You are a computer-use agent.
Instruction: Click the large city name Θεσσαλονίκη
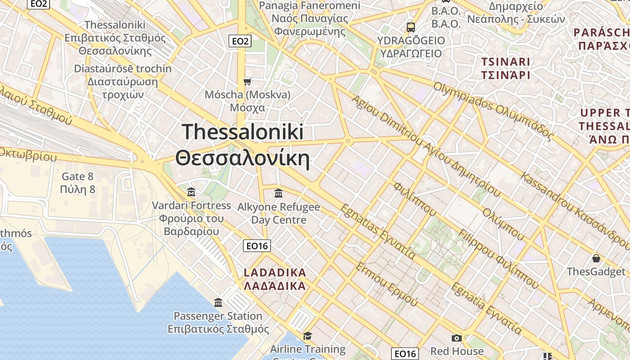click(243, 160)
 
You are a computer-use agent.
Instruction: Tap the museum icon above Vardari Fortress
click(191, 192)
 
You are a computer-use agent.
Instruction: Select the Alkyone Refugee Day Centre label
click(279, 213)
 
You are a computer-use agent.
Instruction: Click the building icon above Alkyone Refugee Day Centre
click(279, 193)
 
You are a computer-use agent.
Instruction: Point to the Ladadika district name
click(274, 279)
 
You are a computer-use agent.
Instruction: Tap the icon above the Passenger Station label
click(218, 302)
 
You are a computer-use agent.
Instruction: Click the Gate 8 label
click(77, 183)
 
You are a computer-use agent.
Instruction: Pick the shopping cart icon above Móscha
click(247, 81)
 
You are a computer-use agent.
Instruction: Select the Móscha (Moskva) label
click(247, 101)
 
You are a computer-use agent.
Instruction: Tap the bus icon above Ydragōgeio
click(410, 27)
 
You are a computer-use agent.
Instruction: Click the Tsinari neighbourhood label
click(506, 68)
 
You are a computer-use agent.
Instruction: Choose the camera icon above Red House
click(457, 338)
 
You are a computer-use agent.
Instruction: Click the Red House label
click(457, 351)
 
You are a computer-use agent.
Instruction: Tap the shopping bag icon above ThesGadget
click(596, 258)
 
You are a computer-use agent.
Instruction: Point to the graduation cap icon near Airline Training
click(307, 336)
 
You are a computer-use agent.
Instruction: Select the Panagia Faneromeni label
click(310, 18)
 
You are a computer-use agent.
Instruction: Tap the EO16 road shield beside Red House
click(405, 354)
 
